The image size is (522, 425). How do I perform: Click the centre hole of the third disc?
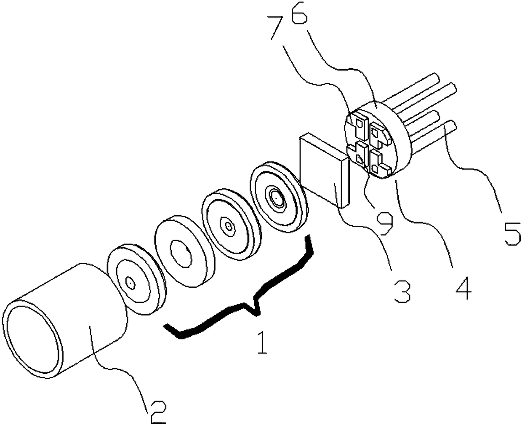click(x=229, y=226)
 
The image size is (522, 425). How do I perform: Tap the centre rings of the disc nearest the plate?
click(x=276, y=197)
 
